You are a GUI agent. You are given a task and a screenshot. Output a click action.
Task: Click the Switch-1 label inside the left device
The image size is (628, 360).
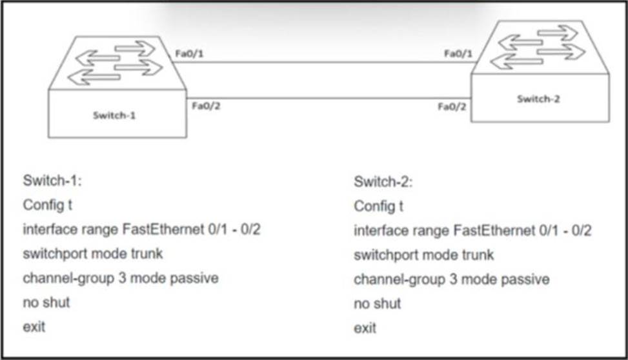coord(114,115)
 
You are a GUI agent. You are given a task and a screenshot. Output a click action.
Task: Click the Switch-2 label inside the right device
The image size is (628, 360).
coord(538,99)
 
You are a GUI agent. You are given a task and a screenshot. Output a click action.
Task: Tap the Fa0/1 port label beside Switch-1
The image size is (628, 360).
coord(190,54)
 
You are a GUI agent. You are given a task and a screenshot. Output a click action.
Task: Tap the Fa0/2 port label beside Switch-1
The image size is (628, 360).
coord(207,106)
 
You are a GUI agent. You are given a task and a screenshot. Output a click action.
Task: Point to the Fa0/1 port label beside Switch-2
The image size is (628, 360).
coord(458,54)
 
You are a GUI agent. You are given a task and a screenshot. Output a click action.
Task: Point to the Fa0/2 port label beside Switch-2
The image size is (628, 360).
coord(452,107)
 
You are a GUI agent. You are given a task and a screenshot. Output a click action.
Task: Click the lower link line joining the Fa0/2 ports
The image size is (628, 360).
coord(329,97)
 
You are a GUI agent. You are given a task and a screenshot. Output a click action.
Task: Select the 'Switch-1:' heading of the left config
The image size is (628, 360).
coord(52,181)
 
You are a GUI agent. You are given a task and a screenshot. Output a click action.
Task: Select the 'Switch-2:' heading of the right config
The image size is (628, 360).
coord(383,182)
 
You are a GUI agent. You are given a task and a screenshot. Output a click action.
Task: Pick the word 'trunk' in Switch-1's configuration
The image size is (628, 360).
coord(147,254)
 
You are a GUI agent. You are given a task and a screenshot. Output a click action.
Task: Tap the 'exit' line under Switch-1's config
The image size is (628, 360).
coord(34,327)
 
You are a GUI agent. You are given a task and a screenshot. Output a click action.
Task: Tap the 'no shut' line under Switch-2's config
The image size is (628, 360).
coord(378,304)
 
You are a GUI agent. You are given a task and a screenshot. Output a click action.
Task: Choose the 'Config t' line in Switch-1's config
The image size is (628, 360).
coord(47,205)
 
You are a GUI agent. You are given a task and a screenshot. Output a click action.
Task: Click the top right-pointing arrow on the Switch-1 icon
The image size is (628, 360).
coord(135,48)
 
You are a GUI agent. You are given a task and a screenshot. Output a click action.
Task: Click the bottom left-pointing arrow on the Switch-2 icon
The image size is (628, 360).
coord(516,61)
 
